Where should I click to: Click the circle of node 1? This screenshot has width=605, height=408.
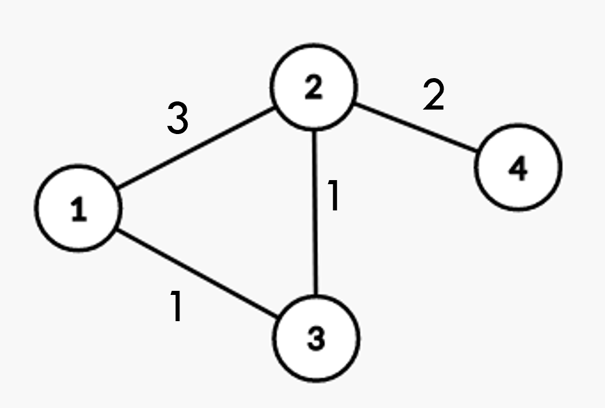click(78, 208)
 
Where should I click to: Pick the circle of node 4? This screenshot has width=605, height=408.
click(518, 167)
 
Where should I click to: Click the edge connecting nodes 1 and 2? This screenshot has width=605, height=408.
click(195, 148)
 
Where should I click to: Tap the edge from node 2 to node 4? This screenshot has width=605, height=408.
click(417, 128)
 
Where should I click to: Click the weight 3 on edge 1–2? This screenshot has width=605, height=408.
click(178, 118)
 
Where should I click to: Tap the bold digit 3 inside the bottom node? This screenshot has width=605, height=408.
click(316, 339)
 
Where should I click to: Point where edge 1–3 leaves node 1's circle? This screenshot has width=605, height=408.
click(117, 230)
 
